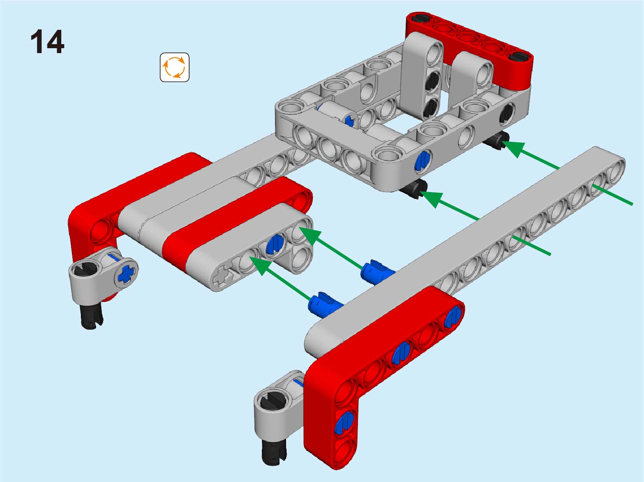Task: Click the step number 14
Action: pyautogui.click(x=47, y=42)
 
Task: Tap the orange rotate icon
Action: pyautogui.click(x=174, y=67)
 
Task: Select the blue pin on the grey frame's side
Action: pyautogui.click(x=423, y=160)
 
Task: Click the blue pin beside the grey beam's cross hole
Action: pyautogui.click(x=275, y=244)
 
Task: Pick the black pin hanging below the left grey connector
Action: pyautogui.click(x=91, y=317)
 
